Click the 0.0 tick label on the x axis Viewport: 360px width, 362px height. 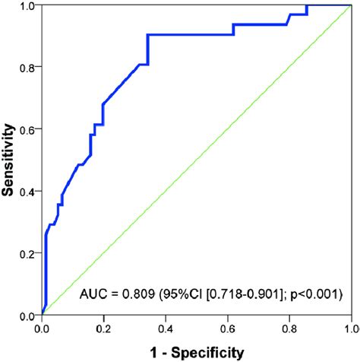click(x=43, y=328)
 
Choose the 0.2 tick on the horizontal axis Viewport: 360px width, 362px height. click(x=104, y=328)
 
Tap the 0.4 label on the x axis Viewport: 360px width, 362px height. click(x=166, y=328)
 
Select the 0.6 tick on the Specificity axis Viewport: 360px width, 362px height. click(x=227, y=328)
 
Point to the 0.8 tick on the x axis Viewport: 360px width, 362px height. click(x=289, y=328)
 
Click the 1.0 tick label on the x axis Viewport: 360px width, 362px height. click(x=349, y=328)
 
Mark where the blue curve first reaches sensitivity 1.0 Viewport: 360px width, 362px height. click(x=307, y=5)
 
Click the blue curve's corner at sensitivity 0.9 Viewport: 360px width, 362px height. click(x=147, y=35)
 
